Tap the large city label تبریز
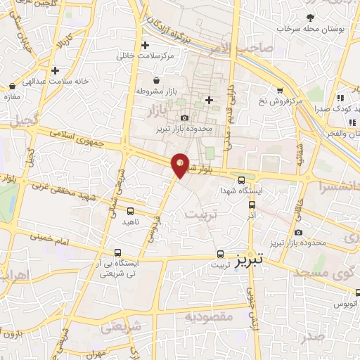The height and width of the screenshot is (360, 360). (250, 259)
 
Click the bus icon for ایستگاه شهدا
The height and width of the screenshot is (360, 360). (242, 179)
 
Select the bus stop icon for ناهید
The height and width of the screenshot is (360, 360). (131, 210)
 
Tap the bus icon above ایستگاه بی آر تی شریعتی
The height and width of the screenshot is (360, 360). (119, 252)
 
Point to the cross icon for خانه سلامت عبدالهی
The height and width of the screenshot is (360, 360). (55, 70)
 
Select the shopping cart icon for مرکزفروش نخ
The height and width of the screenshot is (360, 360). (280, 91)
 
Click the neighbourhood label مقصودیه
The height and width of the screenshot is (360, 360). (209, 317)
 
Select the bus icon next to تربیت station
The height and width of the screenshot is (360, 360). (220, 254)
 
